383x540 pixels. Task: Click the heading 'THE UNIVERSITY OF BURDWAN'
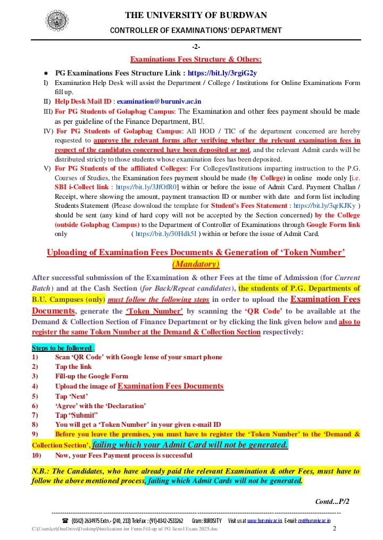[x=196, y=15]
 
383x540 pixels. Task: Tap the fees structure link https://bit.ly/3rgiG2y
[x=222, y=73]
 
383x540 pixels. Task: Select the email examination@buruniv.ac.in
[x=159, y=101]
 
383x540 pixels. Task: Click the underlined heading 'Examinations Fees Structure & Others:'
[x=196, y=59]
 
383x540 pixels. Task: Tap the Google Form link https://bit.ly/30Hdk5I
[x=166, y=233]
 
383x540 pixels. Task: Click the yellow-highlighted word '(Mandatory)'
[x=196, y=264]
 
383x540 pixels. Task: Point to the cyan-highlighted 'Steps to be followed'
[x=62, y=348]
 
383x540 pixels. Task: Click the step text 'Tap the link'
[x=73, y=366]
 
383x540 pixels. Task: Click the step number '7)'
[x=35, y=415]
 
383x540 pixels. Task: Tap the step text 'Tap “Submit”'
[x=77, y=415]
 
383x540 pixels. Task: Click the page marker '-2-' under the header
[x=196, y=47]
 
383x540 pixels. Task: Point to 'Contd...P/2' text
[x=332, y=501]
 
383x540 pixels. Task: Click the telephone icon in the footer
[x=65, y=521]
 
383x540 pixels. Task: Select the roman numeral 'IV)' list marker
[x=48, y=131]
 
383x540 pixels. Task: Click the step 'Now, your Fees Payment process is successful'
[x=123, y=455]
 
